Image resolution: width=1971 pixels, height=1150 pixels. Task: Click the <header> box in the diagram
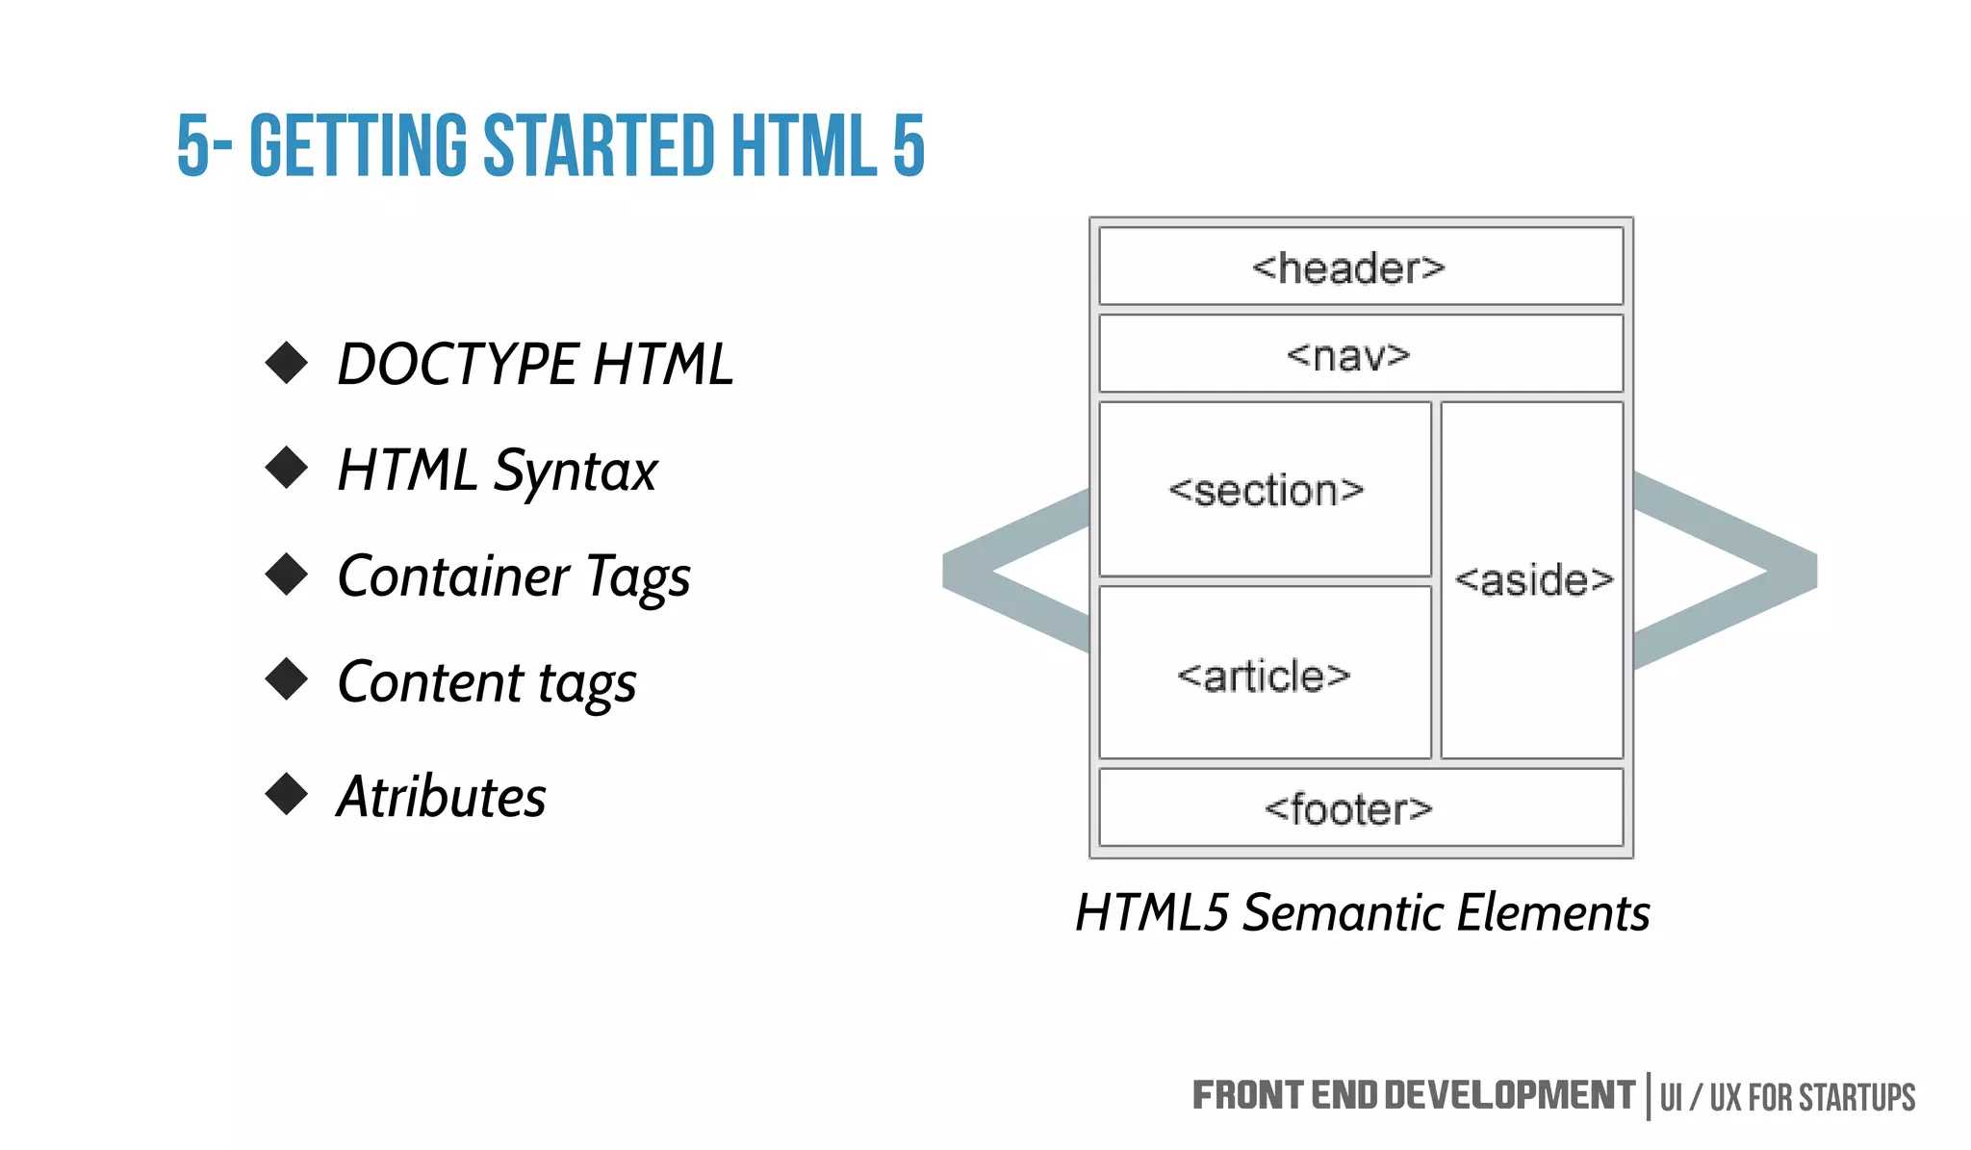pos(1360,267)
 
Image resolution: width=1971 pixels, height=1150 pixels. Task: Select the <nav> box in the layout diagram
pos(1360,354)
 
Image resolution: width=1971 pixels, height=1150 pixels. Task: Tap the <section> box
pos(1265,490)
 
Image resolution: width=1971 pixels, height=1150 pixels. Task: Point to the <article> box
pos(1265,675)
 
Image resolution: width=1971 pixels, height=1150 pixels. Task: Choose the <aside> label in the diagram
pos(1533,580)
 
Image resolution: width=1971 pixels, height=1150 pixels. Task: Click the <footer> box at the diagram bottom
pos(1360,808)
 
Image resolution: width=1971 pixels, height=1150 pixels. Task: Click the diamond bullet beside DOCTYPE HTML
pos(286,363)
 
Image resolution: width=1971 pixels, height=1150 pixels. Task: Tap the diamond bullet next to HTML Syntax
pos(286,468)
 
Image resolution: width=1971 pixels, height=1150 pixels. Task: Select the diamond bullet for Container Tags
pos(286,575)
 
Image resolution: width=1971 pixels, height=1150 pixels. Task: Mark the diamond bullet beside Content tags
pos(286,679)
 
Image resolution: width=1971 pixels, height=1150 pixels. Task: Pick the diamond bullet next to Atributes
pos(286,794)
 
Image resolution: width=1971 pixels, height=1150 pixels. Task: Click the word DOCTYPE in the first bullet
pos(456,365)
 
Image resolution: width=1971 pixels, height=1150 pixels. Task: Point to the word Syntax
pos(575,472)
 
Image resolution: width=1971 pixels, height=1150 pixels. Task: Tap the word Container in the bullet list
pos(452,576)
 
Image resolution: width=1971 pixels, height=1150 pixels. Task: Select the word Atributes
pos(441,797)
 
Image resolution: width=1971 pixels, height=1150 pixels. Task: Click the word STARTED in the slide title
pos(598,146)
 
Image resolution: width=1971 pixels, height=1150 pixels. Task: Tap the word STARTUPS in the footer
pos(1856,1098)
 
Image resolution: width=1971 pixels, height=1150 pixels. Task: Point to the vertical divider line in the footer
pos(1648,1096)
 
